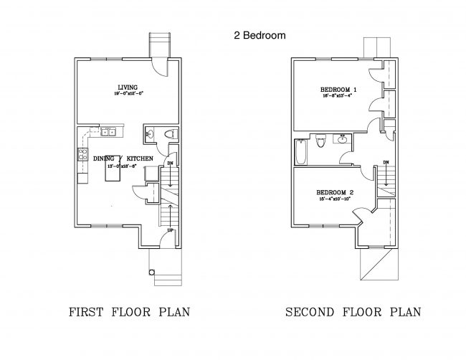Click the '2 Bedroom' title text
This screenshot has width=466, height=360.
[260, 34]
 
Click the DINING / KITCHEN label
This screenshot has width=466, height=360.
[123, 158]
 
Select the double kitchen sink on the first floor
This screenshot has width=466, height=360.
[109, 132]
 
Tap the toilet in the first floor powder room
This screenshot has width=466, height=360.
[168, 134]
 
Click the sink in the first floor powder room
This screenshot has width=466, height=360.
[149, 134]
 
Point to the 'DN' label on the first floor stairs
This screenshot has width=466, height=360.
[170, 164]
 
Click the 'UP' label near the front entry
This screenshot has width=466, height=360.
[169, 231]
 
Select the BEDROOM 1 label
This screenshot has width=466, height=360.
[338, 90]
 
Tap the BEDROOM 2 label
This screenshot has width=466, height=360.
[336, 192]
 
